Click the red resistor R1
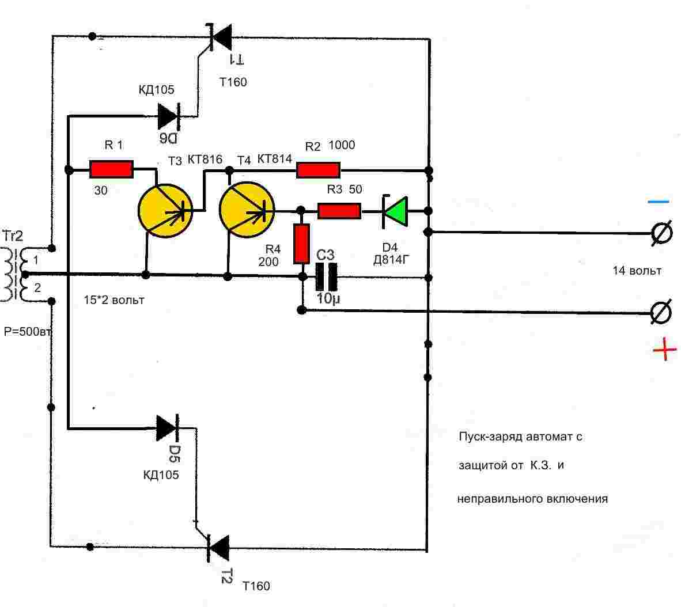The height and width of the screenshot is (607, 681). (x=112, y=169)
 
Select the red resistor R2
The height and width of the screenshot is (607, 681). (x=318, y=170)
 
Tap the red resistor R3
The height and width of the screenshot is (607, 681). (x=339, y=211)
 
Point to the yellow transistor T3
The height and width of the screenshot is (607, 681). (x=165, y=210)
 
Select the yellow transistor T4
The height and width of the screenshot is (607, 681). (x=247, y=210)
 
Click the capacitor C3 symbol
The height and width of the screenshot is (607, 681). (x=326, y=277)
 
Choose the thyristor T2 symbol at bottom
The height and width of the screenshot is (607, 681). (x=218, y=548)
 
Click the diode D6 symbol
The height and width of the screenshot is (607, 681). (x=169, y=116)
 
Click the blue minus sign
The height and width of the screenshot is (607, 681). (x=658, y=202)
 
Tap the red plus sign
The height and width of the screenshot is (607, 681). (x=664, y=349)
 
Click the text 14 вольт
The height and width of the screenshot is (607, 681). (x=637, y=271)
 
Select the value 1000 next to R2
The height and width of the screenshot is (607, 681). (x=342, y=145)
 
